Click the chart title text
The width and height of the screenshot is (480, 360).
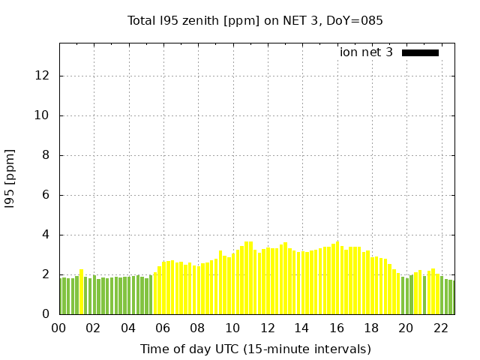click(255, 20)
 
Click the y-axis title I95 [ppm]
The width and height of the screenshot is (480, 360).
click(10, 179)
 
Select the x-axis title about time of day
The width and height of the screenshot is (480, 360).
click(255, 349)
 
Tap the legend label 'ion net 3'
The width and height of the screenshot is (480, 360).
click(366, 52)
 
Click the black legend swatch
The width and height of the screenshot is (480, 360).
click(420, 52)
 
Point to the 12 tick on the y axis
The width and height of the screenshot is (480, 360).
click(43, 76)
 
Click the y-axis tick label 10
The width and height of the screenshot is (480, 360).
click(43, 115)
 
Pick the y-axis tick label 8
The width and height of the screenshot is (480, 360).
click(46, 155)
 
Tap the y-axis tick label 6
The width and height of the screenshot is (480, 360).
click(46, 195)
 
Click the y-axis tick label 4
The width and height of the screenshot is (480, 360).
click(46, 235)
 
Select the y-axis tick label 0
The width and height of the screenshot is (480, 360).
click(46, 314)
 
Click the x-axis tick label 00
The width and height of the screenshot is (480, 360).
click(58, 328)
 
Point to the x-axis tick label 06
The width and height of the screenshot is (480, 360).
click(163, 328)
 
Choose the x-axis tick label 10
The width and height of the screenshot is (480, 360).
click(232, 328)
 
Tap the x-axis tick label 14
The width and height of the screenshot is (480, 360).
click(301, 328)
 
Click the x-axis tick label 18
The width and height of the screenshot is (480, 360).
click(371, 328)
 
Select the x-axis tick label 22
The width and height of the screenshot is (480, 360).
click(440, 328)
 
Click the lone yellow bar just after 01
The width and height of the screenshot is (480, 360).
click(82, 292)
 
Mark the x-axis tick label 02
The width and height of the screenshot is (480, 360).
click(93, 328)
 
